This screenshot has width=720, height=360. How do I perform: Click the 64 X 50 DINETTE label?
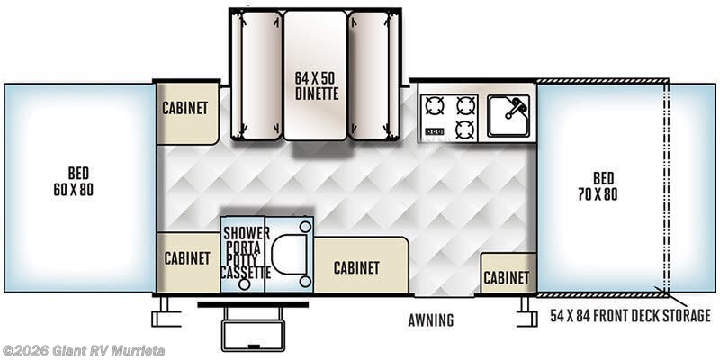317,85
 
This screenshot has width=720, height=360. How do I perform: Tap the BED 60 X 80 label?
74,182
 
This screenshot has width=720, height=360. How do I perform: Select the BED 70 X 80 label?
598,186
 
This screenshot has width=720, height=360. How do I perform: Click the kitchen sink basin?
508,116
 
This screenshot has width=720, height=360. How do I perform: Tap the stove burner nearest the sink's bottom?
465,129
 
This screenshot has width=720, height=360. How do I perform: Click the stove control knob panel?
435,131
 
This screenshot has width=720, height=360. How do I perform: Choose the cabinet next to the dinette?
187,113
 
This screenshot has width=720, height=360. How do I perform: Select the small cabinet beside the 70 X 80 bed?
508,274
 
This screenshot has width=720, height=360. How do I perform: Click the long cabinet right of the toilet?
361,265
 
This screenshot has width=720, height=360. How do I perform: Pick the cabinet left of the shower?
188,262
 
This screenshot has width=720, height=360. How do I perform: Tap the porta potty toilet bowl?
289,255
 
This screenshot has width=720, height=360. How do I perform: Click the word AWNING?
431,320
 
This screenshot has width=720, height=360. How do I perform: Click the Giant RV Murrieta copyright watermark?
83,351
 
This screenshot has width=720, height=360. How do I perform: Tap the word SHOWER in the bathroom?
247,233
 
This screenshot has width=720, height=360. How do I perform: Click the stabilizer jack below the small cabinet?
526,312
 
